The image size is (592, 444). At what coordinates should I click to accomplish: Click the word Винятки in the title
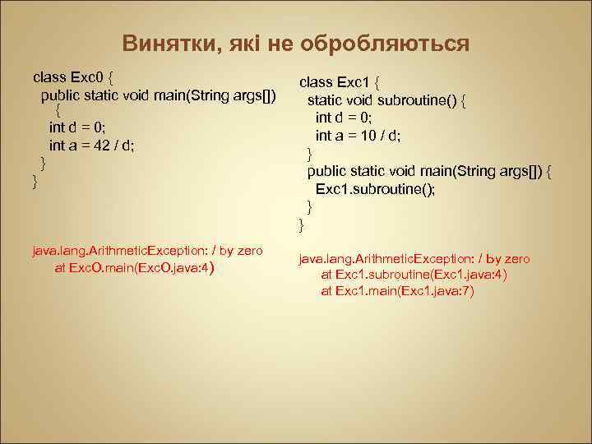click(168, 43)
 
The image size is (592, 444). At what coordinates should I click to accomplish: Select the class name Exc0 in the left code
click(88, 78)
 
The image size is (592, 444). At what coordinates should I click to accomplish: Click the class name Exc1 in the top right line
click(354, 82)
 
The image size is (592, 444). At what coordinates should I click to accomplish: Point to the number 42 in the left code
click(98, 145)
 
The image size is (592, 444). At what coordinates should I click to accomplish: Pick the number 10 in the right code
click(364, 136)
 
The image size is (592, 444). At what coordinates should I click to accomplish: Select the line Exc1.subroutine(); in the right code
click(376, 188)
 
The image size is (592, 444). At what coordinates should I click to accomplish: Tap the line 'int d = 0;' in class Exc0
click(77, 127)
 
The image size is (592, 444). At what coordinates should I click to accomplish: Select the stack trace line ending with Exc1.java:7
click(397, 291)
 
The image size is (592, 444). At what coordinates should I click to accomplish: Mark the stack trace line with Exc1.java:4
click(414, 275)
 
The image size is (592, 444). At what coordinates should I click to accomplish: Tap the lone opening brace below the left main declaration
click(58, 110)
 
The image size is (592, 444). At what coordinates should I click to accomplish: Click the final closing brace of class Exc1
click(301, 223)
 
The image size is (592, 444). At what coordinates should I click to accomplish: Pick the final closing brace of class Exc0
click(35, 180)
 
